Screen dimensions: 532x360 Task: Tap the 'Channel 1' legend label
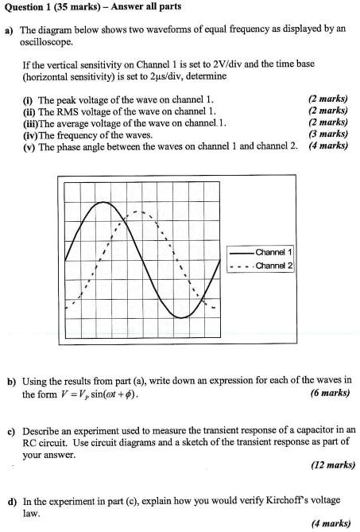click(273, 251)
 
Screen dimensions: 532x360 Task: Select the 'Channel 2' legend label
click(273, 265)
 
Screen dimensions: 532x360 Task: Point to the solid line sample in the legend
click(240, 251)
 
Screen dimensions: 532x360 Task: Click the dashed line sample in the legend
click(240, 265)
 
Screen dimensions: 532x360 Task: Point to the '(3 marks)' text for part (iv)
click(328, 134)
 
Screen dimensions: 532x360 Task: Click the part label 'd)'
click(11, 501)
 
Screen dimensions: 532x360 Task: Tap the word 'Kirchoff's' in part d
click(296, 500)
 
